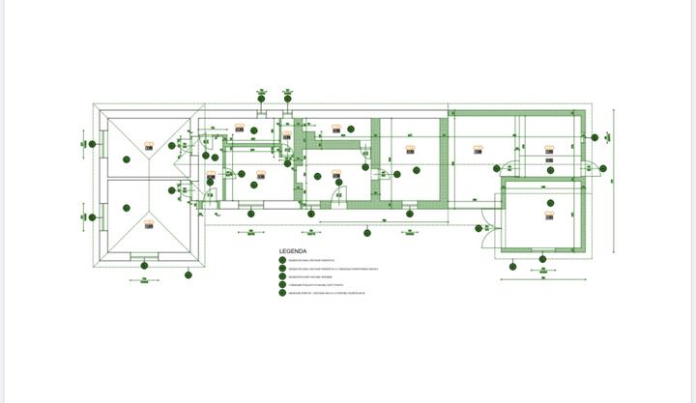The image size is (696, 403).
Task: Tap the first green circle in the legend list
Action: click(282, 259)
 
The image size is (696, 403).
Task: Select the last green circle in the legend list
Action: click(282, 293)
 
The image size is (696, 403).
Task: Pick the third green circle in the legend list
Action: click(282, 276)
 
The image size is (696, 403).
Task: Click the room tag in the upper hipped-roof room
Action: click(150, 146)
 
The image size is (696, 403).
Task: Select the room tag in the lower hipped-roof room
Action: click(149, 224)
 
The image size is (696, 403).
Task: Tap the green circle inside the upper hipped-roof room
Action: click(126, 159)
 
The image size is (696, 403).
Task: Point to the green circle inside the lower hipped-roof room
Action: click(126, 206)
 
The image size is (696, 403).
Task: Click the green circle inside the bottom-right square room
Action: click(550, 203)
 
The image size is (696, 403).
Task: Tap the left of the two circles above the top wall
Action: click(261, 95)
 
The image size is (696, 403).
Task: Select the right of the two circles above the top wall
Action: click(288, 95)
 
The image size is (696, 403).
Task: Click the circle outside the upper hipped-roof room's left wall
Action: click(92, 144)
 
